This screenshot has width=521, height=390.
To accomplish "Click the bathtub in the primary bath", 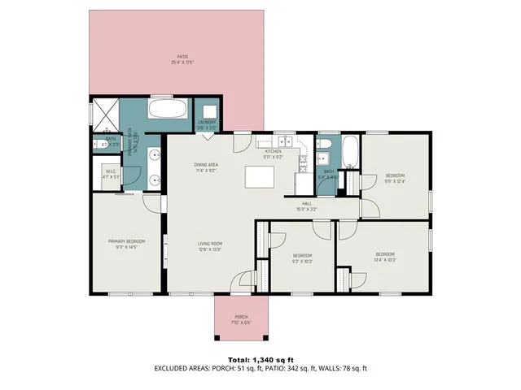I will pyautogui.click(x=169, y=110).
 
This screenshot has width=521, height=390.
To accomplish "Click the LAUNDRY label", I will pyautogui.click(x=206, y=124).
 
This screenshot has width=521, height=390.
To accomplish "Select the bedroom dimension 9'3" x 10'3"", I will pyautogui.click(x=302, y=261).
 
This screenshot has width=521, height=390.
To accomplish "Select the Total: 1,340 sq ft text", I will pyautogui.click(x=260, y=358).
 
